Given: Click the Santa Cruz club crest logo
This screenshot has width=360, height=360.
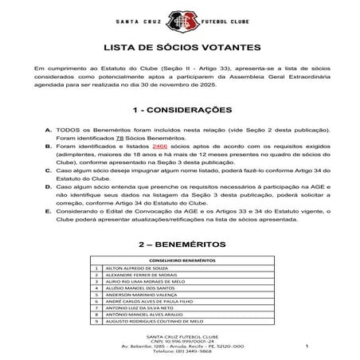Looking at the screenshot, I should coord(179,18).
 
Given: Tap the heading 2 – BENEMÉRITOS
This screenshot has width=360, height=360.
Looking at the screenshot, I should coord(179,244).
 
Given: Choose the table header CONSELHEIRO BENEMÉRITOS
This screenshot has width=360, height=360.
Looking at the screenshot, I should coord(179,260).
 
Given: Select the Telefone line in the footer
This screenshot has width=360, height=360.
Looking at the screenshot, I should coord(179,352).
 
